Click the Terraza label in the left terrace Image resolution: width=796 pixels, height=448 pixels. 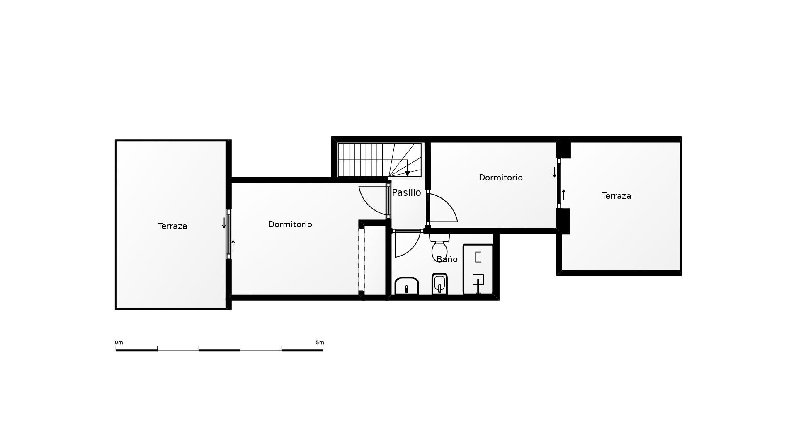coord(172,226)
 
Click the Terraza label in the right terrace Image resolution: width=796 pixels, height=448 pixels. coord(616,196)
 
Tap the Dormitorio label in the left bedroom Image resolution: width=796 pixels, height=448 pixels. coord(290,224)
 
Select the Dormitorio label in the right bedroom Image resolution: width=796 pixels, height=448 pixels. coord(500,178)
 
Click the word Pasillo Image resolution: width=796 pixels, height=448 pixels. coord(406,192)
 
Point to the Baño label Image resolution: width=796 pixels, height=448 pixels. coord(447,260)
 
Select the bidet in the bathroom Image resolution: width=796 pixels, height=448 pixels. coord(439,284)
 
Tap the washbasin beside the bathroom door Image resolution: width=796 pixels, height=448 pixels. coord(406,286)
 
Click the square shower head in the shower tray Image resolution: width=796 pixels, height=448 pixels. coord(478,279)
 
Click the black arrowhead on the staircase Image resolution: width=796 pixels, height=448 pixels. coord(408,174)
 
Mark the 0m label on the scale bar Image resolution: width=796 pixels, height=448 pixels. coord(119,343)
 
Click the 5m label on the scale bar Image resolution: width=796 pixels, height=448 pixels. coord(320,343)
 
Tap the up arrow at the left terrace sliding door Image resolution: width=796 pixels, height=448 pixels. coord(233,245)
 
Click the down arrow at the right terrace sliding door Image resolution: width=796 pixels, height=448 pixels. coord(554,172)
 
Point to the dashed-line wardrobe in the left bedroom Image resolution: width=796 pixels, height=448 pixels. coord(362,260)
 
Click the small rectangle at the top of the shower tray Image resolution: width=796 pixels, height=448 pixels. coord(478,257)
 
